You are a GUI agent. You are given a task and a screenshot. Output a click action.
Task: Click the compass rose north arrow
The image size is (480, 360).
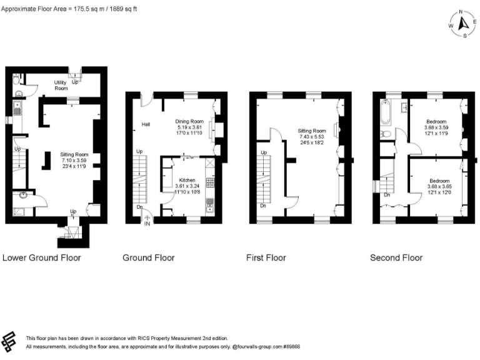(463, 24)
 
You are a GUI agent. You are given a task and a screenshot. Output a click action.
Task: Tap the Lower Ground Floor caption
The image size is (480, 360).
(42, 257)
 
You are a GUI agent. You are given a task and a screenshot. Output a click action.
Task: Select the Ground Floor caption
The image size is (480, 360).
(148, 257)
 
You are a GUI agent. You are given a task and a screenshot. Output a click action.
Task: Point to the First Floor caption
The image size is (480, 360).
(266, 257)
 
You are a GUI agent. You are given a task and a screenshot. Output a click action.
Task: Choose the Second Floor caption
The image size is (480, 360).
(396, 257)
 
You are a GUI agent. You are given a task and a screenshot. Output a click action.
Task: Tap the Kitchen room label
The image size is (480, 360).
(171, 179)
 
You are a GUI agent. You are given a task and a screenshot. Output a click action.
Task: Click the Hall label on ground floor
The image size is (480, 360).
(146, 124)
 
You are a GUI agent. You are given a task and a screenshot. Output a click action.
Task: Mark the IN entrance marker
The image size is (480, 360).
(147, 223)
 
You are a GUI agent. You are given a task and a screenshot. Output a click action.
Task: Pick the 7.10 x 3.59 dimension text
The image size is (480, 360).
(74, 160)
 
